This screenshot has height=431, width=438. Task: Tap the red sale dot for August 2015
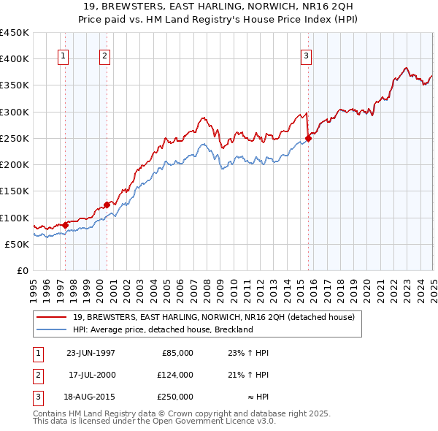308,138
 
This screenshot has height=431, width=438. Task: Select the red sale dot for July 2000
107,205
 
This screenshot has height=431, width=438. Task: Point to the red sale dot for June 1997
65,225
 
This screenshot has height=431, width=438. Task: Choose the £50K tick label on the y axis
17,244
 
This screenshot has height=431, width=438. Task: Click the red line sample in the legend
52,317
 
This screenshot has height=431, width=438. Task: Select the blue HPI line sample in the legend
52,329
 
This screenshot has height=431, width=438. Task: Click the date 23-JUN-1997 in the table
91,352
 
